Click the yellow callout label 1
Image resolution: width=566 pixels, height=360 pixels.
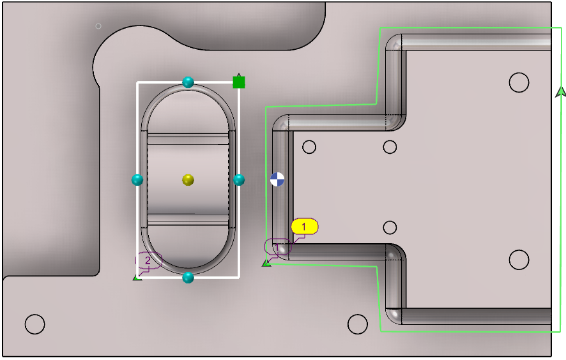pos(304,227)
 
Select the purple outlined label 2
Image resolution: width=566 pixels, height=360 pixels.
pos(148,260)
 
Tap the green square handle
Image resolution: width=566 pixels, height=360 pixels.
pos(238,82)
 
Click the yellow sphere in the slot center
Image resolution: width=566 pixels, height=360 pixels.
pos(188,179)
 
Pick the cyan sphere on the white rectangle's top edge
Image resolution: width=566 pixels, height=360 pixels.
pos(188,82)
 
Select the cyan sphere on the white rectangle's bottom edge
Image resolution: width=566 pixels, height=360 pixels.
pos(188,278)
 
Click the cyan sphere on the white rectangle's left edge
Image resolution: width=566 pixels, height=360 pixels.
pos(137,179)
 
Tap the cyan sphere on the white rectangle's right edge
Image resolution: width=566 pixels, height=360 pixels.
pos(238,179)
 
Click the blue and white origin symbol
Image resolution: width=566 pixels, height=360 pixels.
pos(277,179)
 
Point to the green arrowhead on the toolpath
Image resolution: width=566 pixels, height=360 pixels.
pos(560,92)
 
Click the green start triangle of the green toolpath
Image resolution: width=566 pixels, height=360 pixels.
pos(266,264)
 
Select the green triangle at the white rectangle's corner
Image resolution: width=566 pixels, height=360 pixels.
pos(137,277)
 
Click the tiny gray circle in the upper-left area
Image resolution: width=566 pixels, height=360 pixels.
pos(98,26)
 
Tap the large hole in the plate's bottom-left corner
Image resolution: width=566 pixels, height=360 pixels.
pos(35,324)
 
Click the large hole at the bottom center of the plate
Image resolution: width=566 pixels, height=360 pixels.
pos(357,324)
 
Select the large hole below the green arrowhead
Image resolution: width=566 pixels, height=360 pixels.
pos(519,82)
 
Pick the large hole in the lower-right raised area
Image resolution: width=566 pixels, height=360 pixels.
pos(519,260)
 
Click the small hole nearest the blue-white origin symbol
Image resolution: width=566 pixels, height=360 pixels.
pos(309,147)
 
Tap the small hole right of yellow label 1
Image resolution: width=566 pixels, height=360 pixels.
pos(390,228)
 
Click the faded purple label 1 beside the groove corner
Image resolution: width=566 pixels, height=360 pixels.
pos(277,247)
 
